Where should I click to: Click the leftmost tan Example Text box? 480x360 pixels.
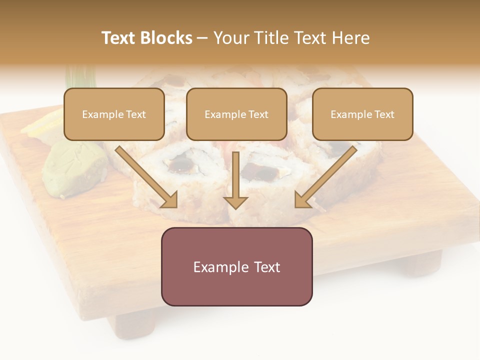click(x=114, y=114)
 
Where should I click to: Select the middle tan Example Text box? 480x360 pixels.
click(x=236, y=114)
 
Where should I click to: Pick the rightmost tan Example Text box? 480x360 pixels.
click(x=362, y=114)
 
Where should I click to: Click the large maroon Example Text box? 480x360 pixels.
click(x=236, y=266)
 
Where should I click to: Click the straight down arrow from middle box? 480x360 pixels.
click(x=235, y=180)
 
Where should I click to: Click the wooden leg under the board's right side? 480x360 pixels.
click(x=422, y=262)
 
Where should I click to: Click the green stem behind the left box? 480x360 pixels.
click(x=80, y=77)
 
